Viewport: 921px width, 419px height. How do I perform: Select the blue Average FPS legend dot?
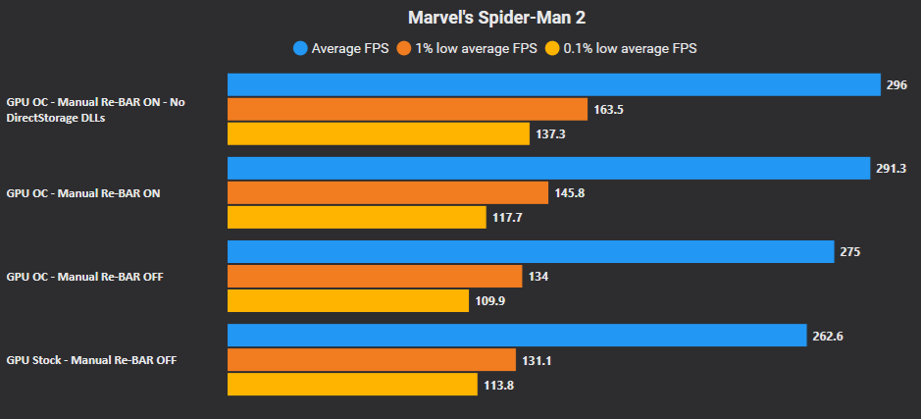300,48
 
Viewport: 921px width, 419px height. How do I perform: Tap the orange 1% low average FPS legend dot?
403,48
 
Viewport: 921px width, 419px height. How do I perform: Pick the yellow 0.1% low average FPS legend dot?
553,48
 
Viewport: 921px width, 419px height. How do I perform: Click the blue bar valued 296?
553,85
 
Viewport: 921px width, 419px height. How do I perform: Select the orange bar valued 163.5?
407,109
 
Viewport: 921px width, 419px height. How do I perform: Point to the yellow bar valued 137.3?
379,133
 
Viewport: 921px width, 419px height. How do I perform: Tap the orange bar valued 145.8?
387,192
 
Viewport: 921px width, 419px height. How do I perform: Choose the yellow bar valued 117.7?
356,217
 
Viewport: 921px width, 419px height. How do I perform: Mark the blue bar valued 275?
531,252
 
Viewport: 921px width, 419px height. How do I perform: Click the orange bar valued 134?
375,276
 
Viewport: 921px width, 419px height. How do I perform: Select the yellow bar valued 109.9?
348,300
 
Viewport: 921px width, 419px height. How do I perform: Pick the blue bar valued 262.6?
517,336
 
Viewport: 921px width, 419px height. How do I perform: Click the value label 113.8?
498,385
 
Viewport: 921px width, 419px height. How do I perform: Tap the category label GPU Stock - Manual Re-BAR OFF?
91,360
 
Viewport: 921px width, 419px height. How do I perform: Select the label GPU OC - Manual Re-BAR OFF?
84,277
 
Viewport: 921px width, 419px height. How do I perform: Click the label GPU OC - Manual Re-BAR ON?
83,193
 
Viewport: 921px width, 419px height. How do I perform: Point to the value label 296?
896,85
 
